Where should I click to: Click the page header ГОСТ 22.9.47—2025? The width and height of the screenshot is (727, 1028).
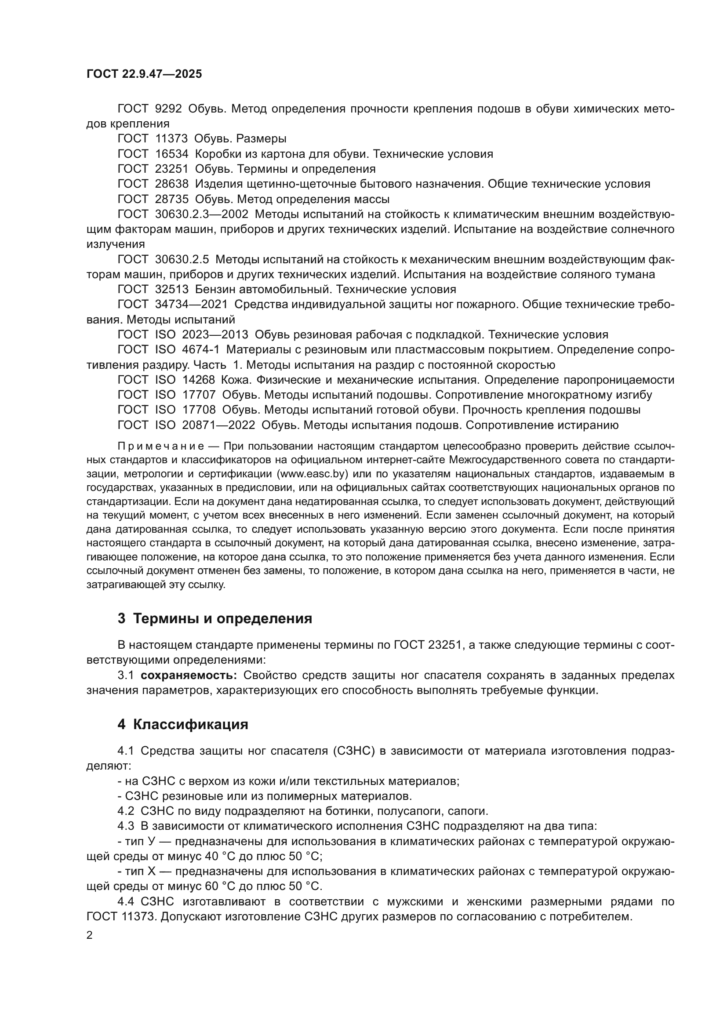(144, 74)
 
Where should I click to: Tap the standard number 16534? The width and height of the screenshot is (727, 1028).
(172, 154)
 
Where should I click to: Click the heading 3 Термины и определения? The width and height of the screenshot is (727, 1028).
(214, 619)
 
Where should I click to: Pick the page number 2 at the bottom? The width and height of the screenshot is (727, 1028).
(90, 935)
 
